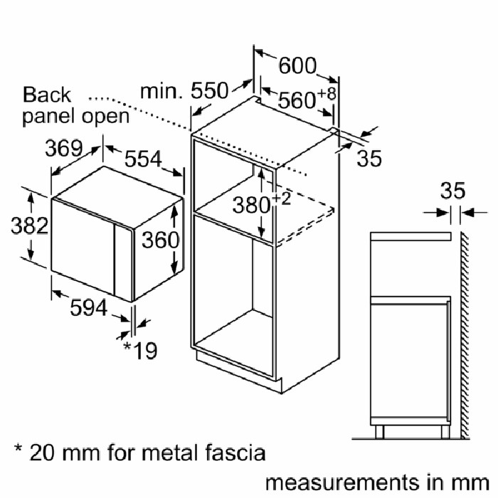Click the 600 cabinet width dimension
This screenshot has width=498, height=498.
point(297,65)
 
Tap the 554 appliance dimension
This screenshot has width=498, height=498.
point(143,159)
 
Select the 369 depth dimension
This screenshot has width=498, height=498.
point(63,148)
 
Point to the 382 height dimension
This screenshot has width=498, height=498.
point(30,226)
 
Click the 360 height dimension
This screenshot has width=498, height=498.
point(160,240)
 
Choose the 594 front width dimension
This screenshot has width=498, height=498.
point(89,307)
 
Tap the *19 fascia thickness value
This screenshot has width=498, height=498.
point(140,350)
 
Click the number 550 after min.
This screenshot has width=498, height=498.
point(210,90)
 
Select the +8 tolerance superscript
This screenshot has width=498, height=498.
point(327,94)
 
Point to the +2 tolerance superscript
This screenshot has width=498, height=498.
point(281,198)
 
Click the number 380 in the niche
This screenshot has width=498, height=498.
point(251,205)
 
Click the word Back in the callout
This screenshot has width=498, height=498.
point(47,95)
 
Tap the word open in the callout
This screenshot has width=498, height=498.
point(106,117)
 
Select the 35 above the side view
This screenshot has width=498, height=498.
point(453,191)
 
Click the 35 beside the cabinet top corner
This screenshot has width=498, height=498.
point(369,158)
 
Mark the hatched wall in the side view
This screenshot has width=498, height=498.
point(465,336)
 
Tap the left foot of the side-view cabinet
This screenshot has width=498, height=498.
point(379,433)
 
